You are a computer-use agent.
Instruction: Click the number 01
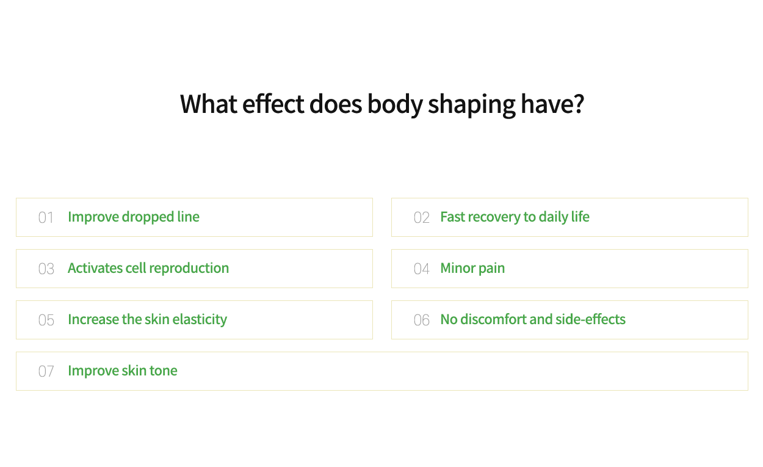46,218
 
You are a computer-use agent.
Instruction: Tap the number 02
422,218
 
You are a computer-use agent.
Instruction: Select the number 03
46,269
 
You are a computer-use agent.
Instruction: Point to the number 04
422,269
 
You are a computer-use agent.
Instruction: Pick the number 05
46,320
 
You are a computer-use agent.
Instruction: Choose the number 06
422,320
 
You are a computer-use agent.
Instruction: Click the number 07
46,372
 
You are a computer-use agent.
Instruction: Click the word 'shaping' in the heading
472,105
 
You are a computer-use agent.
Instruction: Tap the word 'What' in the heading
209,104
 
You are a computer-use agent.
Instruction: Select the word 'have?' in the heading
552,104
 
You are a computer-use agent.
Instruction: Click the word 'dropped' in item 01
148,217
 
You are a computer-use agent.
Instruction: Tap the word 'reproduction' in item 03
189,269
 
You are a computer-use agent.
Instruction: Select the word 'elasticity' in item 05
200,320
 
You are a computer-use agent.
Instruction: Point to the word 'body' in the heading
395,105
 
